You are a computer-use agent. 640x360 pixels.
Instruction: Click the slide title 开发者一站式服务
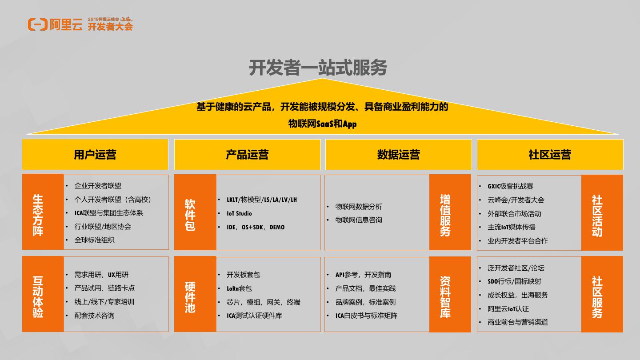[318, 68]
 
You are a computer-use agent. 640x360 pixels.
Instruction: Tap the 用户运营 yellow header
[95, 155]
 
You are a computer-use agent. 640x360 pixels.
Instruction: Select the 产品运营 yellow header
[247, 155]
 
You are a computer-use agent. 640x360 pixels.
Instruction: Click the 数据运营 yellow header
[398, 155]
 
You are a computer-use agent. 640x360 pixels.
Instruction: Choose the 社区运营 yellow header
[550, 155]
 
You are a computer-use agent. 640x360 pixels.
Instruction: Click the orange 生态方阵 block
[43, 212]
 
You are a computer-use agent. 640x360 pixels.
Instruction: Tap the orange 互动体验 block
[43, 294]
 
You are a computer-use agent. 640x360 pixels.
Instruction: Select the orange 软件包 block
[195, 212]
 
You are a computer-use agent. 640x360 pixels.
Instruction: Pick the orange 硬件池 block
[195, 294]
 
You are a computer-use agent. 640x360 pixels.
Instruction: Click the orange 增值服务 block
[450, 212]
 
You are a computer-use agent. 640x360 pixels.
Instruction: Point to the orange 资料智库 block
[450, 294]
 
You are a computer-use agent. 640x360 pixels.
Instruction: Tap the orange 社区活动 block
[602, 212]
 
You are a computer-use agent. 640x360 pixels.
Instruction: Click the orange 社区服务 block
[602, 294]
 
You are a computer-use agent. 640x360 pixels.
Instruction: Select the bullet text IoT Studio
[239, 213]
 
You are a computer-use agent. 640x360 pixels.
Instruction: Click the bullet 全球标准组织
[94, 240]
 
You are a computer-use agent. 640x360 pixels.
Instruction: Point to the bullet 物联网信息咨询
[359, 220]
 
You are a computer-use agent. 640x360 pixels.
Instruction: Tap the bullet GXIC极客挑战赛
[510, 186]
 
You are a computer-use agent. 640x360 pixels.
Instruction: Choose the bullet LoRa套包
[239, 288]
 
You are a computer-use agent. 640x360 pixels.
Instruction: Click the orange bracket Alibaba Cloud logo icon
[37, 25]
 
